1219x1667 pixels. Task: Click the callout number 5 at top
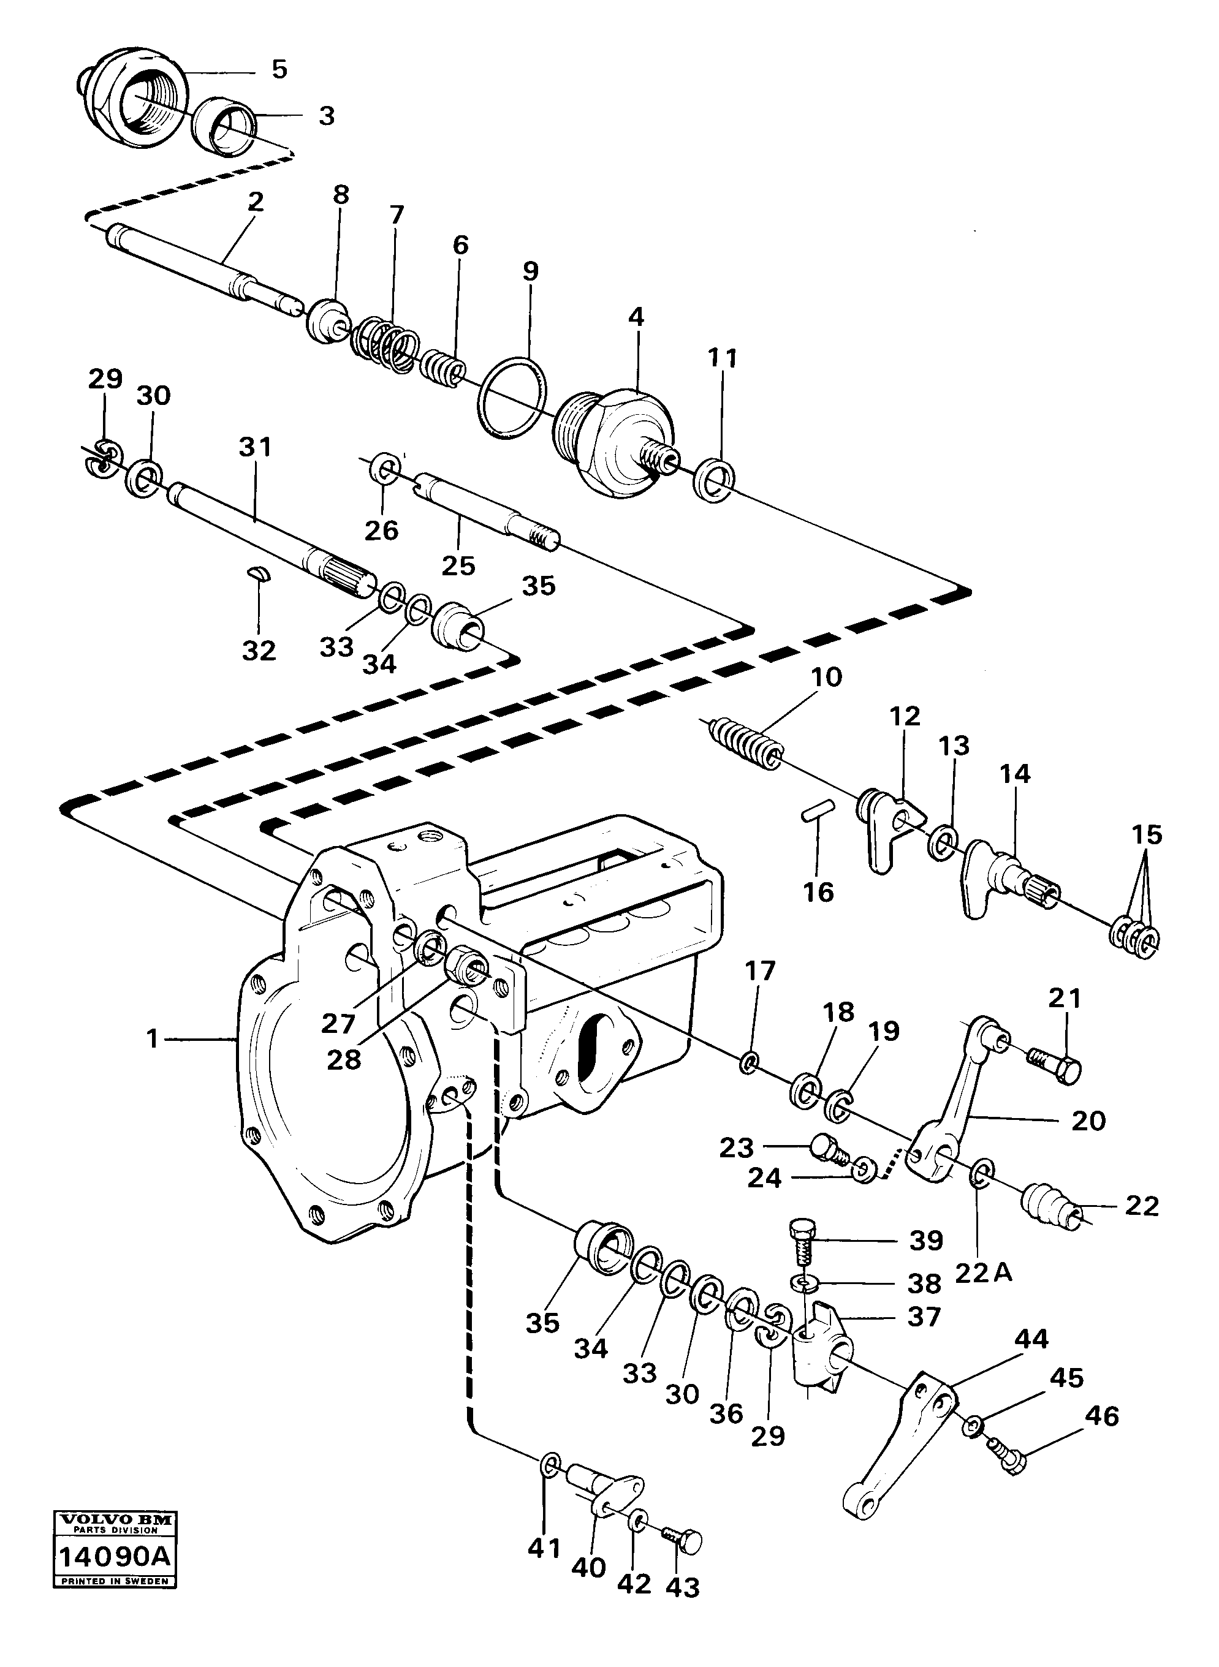[x=279, y=69]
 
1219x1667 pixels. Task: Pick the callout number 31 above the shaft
[x=256, y=447]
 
